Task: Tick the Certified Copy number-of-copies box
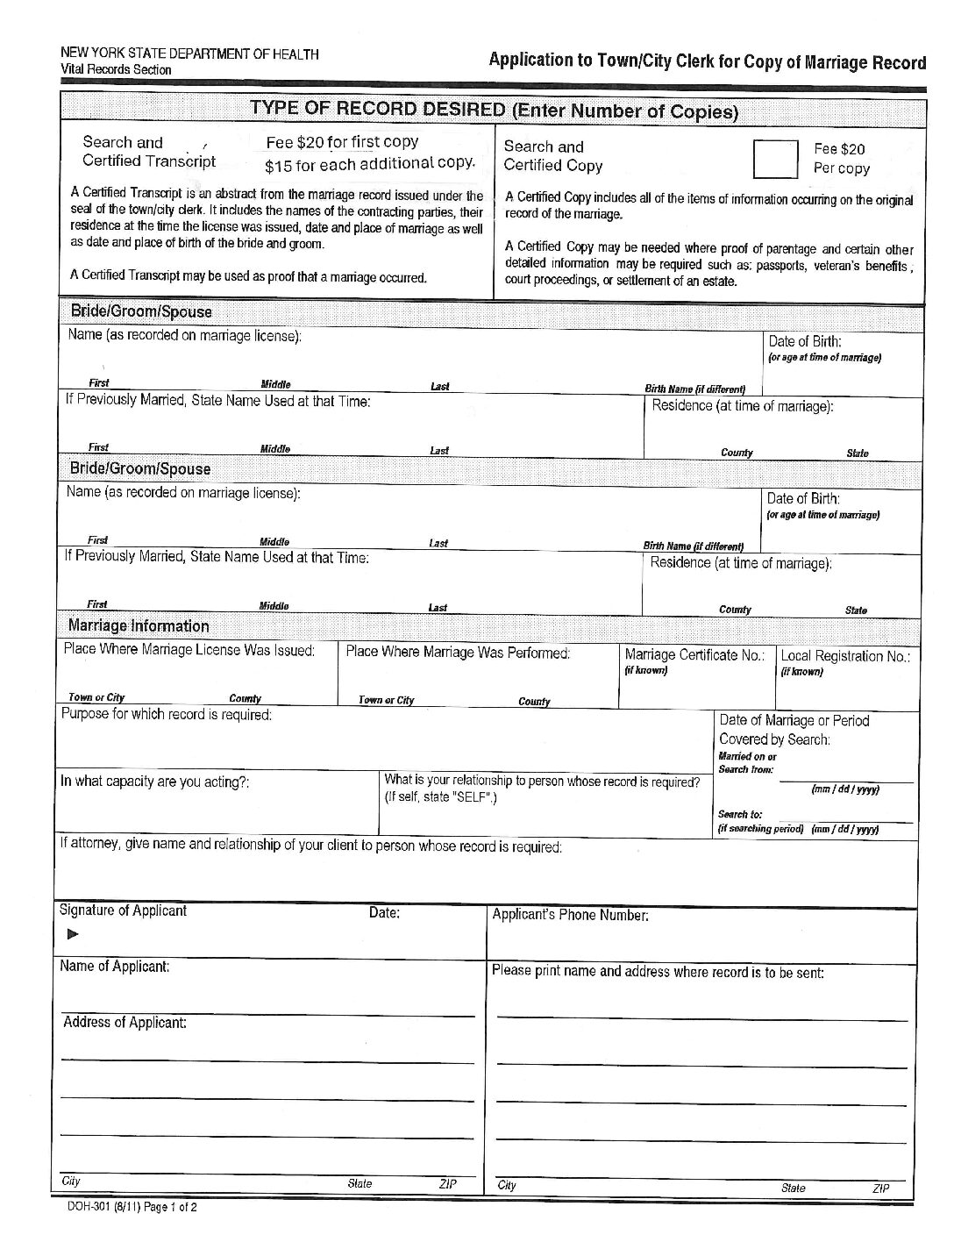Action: (x=776, y=159)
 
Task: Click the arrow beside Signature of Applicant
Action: (x=73, y=934)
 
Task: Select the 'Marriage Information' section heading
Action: (x=139, y=626)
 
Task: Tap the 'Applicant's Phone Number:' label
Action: (x=570, y=915)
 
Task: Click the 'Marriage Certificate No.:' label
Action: (x=694, y=654)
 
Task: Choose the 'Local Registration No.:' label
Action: (x=845, y=655)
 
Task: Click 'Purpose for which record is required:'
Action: (x=167, y=714)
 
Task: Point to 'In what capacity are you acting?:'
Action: (x=155, y=782)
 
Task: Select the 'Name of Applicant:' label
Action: (x=115, y=966)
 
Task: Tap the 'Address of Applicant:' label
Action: (x=125, y=1022)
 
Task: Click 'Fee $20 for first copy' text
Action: (x=342, y=142)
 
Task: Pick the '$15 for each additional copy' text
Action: (x=370, y=163)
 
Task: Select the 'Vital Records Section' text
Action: (x=116, y=69)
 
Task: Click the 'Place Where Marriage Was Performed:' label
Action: (x=458, y=653)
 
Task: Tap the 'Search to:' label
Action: (x=740, y=814)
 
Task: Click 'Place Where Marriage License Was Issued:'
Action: (x=189, y=651)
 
